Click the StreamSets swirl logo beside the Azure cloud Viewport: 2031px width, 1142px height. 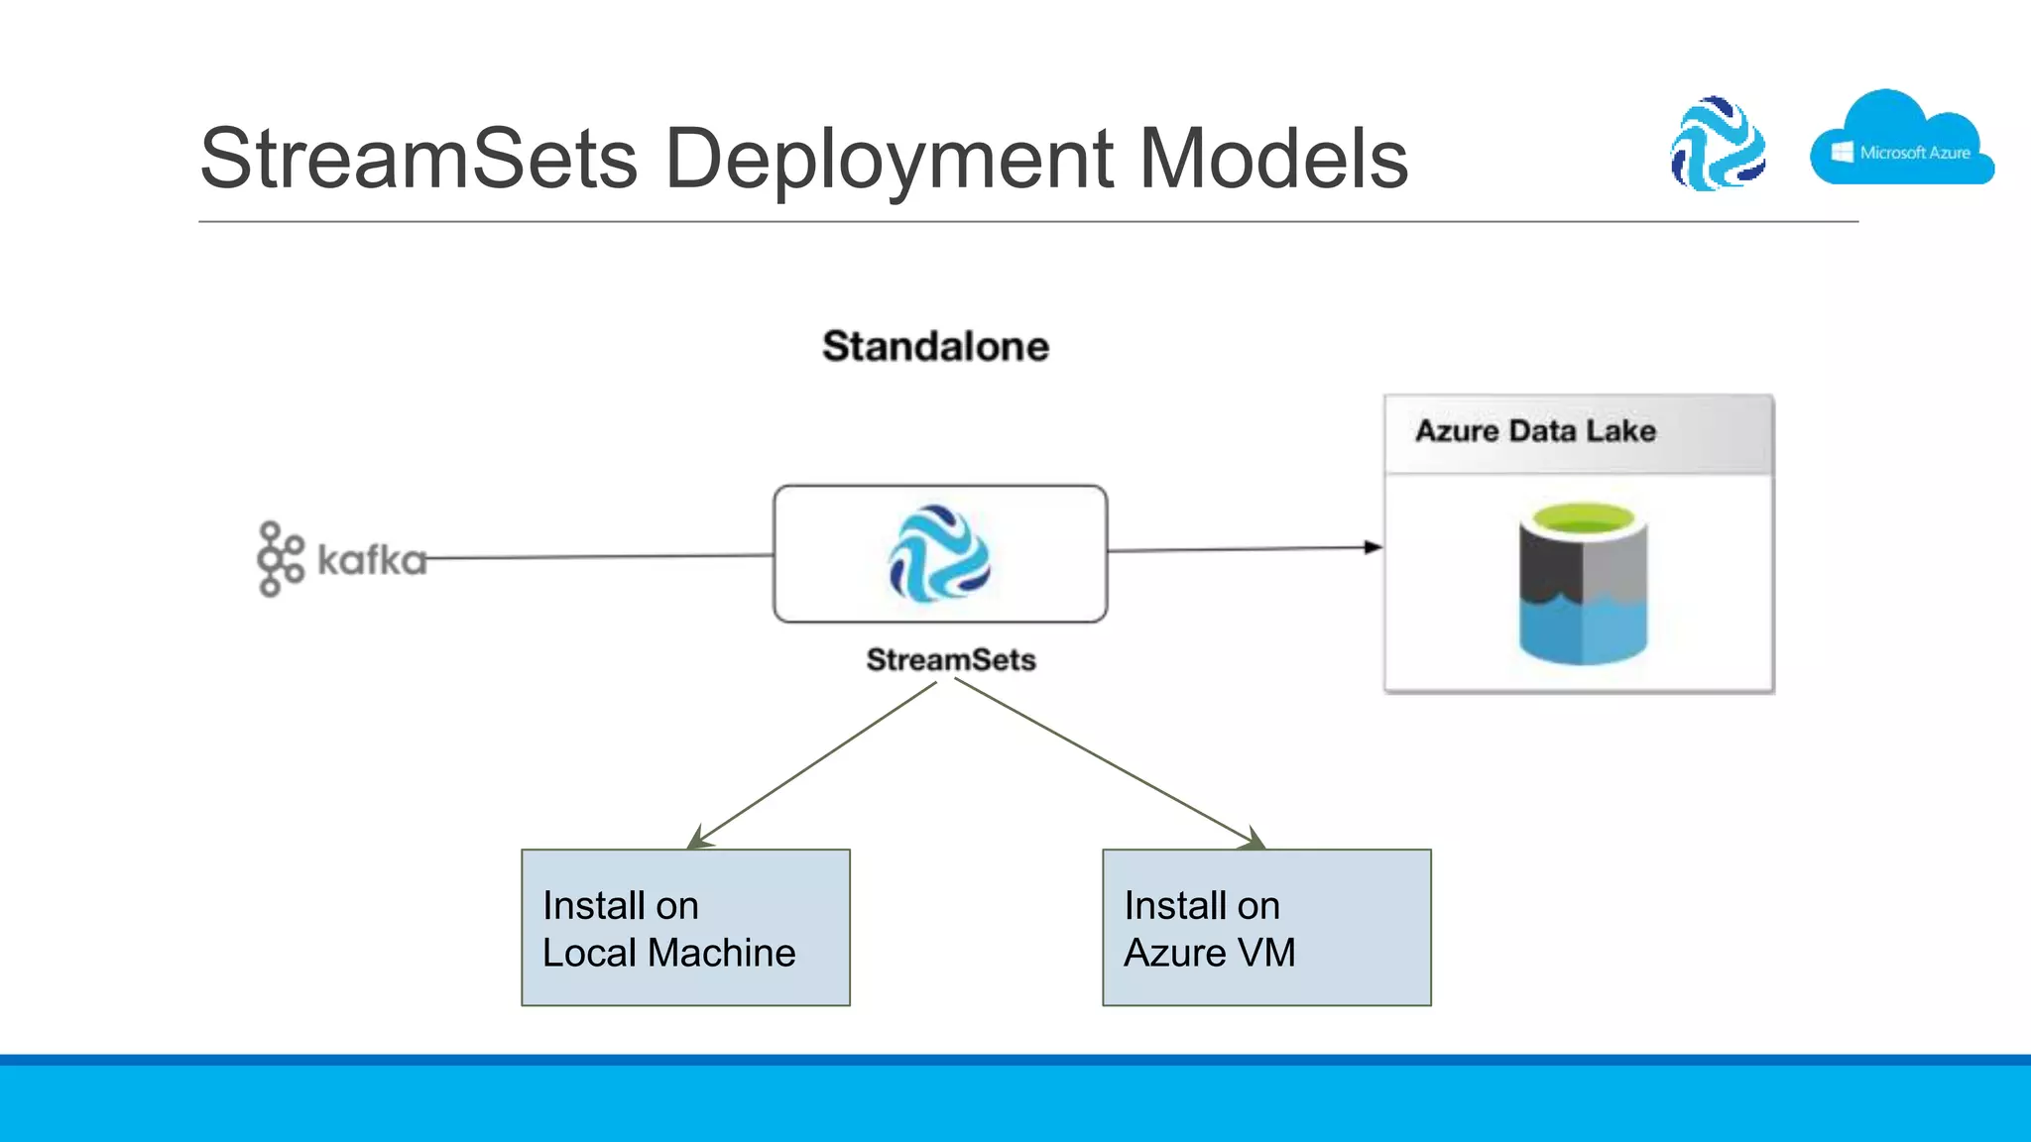point(1718,144)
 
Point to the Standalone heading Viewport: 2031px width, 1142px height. point(935,346)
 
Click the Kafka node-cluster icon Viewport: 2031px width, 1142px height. point(280,559)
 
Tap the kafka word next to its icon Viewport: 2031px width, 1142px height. point(371,560)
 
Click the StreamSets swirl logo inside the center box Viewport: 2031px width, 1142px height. point(939,554)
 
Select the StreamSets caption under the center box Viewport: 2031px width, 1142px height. point(950,659)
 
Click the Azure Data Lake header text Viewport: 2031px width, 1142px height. point(1535,431)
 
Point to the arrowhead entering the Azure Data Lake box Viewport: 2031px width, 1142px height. point(1374,547)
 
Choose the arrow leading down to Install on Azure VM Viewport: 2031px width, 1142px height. point(1111,765)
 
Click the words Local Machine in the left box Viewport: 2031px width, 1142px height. point(668,953)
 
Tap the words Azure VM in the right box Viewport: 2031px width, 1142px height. point(1209,953)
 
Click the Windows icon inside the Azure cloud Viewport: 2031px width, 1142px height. point(1843,152)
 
